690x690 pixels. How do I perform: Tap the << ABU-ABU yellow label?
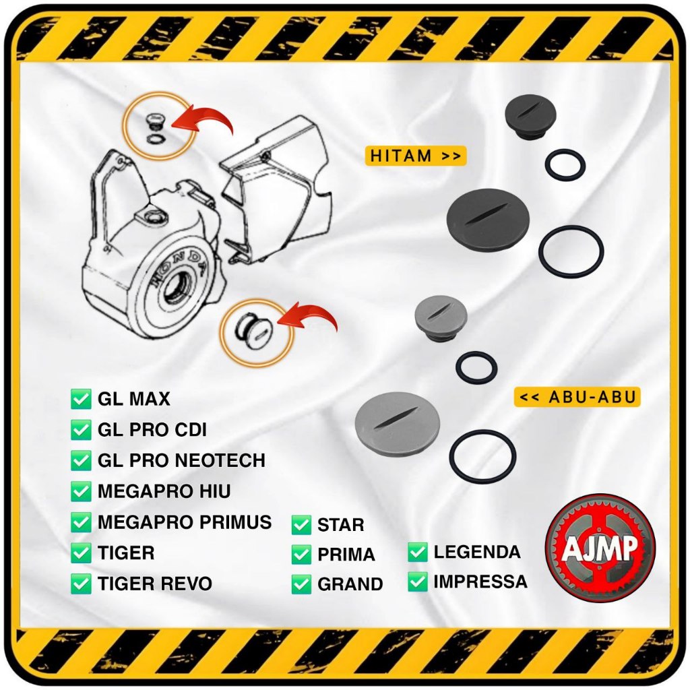(x=577, y=397)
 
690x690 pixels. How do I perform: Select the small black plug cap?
(x=530, y=117)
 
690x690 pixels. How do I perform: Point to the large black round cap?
(x=488, y=220)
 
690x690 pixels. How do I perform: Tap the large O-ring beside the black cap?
(x=571, y=251)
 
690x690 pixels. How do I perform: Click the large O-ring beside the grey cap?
(x=482, y=456)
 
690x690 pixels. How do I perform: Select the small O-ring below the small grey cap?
(x=476, y=367)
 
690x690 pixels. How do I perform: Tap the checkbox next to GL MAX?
(x=81, y=399)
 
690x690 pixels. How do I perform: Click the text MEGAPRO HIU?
(x=164, y=491)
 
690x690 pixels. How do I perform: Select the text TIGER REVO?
(x=154, y=584)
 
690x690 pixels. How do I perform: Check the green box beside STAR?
(x=301, y=524)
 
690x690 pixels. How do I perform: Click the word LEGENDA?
(x=477, y=552)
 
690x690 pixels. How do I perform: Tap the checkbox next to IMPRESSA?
(x=418, y=582)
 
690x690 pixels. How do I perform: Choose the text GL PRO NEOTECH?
(x=181, y=460)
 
